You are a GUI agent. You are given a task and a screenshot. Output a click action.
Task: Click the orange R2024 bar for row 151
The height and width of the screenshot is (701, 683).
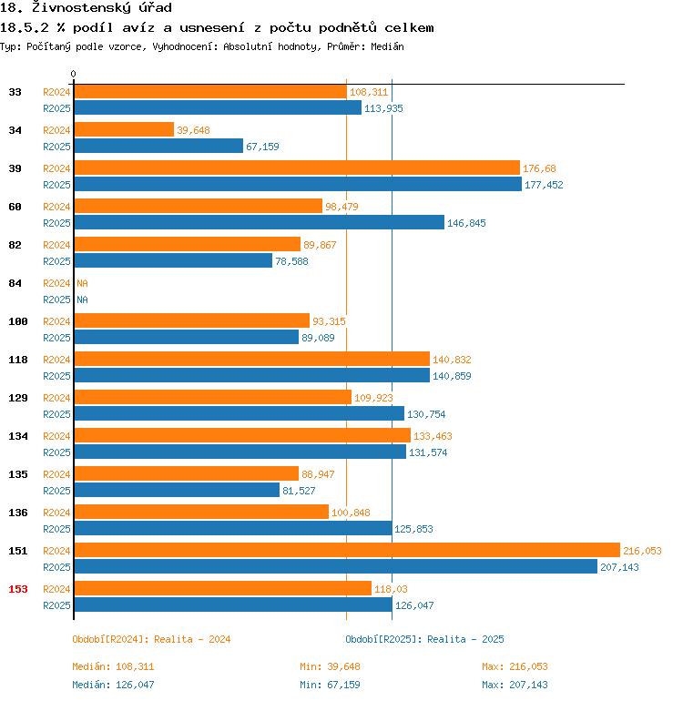(346, 550)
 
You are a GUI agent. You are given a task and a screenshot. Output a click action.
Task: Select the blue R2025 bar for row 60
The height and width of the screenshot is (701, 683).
(259, 222)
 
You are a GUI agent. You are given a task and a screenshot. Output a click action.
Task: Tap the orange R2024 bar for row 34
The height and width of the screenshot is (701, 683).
(123, 129)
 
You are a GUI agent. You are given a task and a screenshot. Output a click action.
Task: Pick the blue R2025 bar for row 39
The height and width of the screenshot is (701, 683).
(297, 184)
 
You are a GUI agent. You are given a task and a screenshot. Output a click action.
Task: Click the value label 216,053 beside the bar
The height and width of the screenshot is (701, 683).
(642, 551)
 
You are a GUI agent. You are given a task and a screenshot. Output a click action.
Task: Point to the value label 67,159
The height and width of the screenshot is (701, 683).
(262, 147)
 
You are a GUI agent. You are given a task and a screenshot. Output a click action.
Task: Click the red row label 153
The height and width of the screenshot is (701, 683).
(18, 589)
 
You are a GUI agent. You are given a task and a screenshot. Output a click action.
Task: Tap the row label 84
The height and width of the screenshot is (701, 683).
(15, 283)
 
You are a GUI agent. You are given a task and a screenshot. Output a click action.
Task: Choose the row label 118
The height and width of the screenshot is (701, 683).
(18, 360)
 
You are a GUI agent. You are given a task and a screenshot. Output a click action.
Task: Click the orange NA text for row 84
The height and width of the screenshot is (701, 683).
(82, 283)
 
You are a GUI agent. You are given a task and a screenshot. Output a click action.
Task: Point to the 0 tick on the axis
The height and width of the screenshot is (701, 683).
(74, 75)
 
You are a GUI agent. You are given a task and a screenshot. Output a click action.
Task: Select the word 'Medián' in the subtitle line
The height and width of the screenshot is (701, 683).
(387, 46)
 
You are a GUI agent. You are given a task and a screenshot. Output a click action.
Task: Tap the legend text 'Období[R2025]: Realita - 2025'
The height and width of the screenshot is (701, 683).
(424, 639)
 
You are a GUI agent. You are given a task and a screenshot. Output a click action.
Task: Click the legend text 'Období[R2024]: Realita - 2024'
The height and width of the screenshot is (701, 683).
(151, 639)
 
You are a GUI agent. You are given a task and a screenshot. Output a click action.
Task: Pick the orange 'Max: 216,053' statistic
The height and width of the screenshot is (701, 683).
(515, 666)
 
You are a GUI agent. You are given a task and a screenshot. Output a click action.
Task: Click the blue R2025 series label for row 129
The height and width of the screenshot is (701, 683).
(56, 413)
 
